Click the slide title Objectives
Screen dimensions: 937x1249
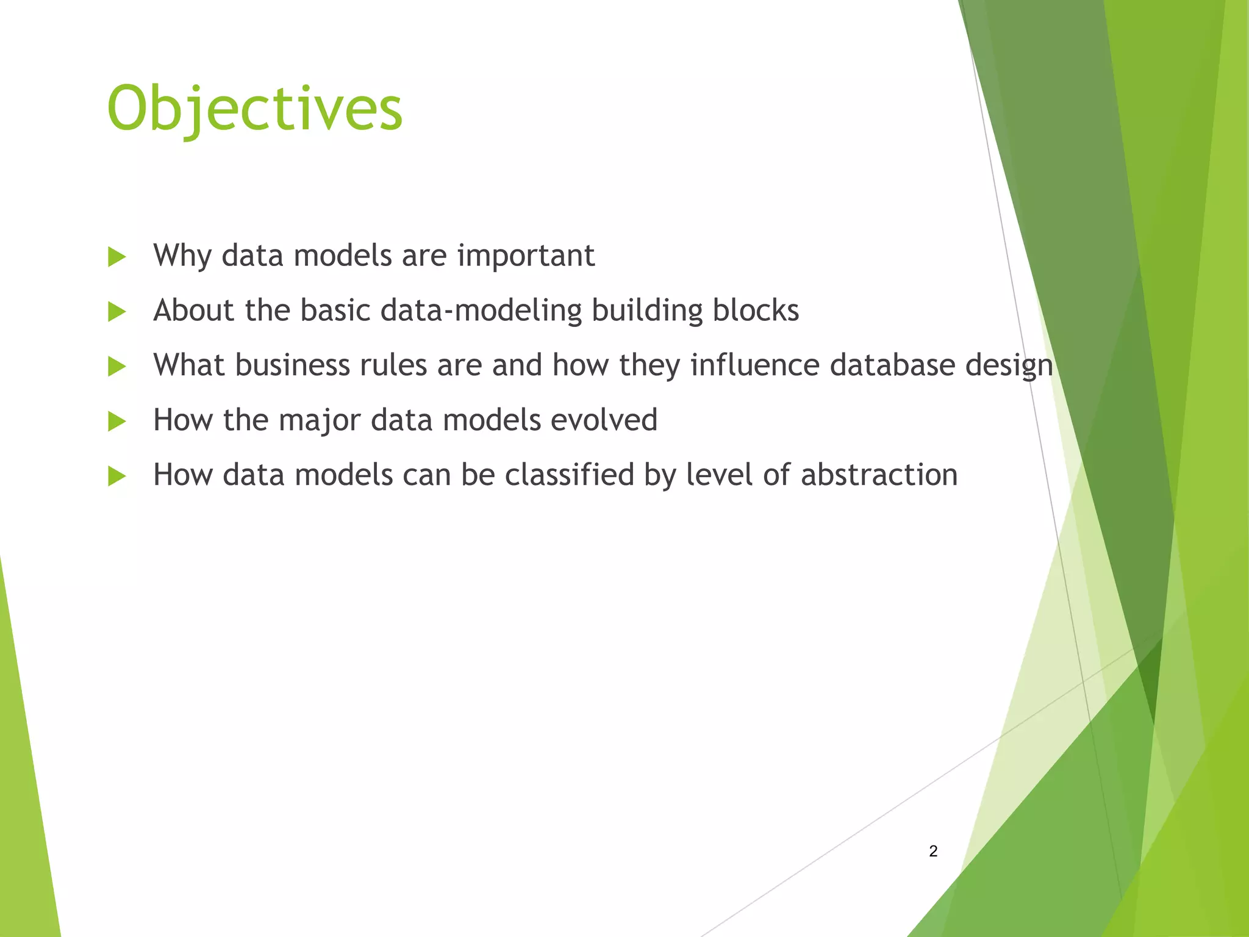coord(255,109)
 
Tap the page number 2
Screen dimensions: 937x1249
coord(933,851)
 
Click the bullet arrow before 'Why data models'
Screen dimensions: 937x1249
coord(116,257)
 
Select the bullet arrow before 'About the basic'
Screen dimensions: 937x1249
coord(116,312)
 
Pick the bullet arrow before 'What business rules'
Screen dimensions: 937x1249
coord(116,367)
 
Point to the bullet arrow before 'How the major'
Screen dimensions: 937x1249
coord(116,421)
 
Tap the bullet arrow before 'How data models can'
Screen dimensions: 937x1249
coord(116,476)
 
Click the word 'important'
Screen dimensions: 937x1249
coord(526,256)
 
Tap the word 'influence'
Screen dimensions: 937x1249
coord(755,365)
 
